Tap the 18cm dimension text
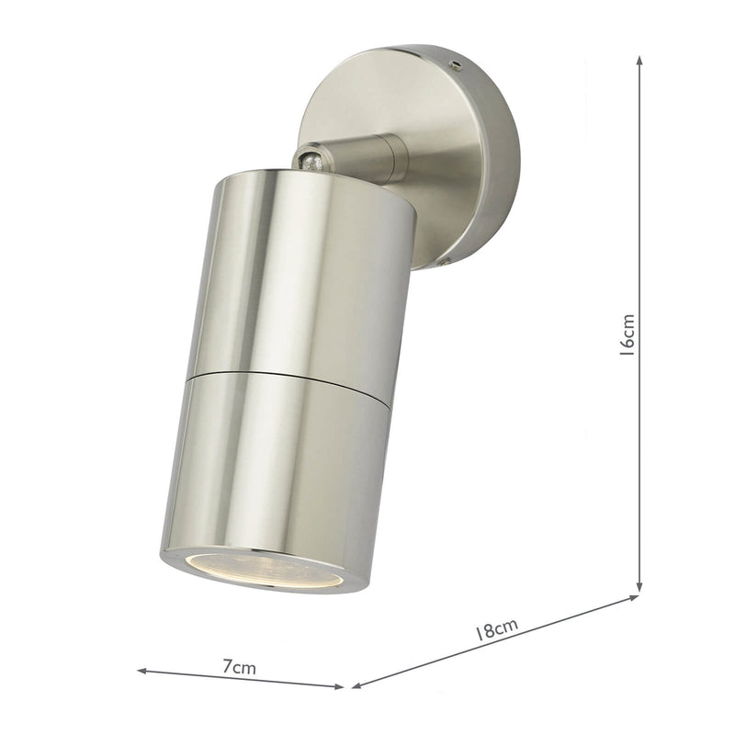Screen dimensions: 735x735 pyautogui.click(x=496, y=631)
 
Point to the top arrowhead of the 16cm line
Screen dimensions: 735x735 pyautogui.click(x=639, y=58)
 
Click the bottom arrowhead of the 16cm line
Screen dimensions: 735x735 pyautogui.click(x=639, y=587)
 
